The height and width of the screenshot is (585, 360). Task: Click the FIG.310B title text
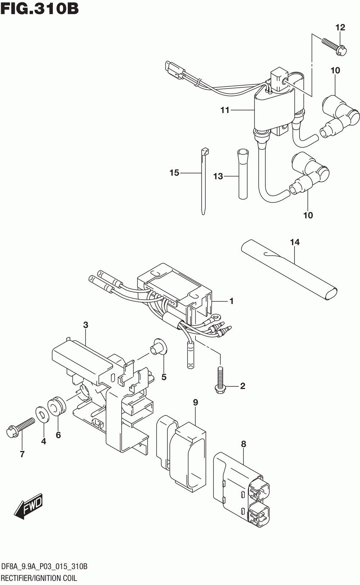(40, 9)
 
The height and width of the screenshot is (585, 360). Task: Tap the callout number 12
(340, 27)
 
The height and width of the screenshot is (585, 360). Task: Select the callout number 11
(225, 110)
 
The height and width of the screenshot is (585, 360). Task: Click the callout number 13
(218, 176)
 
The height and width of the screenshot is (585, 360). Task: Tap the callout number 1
(231, 301)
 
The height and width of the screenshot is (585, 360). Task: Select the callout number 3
(86, 325)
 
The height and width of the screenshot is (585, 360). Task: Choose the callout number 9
(195, 402)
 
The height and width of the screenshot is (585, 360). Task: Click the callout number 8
(244, 444)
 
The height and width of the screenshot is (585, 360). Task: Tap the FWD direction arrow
(29, 507)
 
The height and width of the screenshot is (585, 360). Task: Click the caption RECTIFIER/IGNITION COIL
(39, 578)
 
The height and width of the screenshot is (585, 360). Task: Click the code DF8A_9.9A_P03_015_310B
(44, 567)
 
